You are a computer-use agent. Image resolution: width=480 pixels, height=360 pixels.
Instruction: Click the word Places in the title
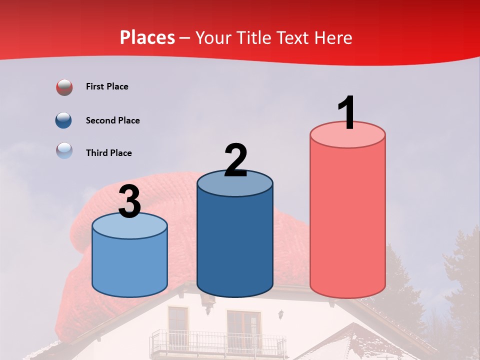(147, 37)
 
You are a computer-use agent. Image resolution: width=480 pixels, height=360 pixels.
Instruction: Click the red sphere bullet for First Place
(64, 87)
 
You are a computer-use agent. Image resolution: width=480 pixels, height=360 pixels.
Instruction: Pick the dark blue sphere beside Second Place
(64, 120)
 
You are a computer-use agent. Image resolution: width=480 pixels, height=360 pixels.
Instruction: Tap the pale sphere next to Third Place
(64, 150)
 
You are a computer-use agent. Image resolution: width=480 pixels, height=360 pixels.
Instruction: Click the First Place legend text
(107, 86)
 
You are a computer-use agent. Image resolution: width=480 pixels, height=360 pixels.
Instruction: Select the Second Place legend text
(112, 120)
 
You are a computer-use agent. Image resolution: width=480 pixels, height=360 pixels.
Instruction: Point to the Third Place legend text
(109, 153)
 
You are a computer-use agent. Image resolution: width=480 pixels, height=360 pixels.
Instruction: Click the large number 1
(346, 113)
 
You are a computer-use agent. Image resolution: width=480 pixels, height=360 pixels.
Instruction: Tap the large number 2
(235, 160)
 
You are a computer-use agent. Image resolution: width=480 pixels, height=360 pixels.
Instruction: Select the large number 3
(129, 201)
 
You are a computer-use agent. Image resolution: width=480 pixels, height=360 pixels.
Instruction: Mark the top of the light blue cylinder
(129, 226)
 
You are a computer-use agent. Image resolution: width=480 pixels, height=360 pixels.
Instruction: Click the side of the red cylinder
(347, 220)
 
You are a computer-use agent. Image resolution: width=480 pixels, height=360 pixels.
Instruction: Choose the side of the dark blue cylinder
(234, 245)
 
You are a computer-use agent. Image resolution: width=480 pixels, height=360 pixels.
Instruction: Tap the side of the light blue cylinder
(129, 265)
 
